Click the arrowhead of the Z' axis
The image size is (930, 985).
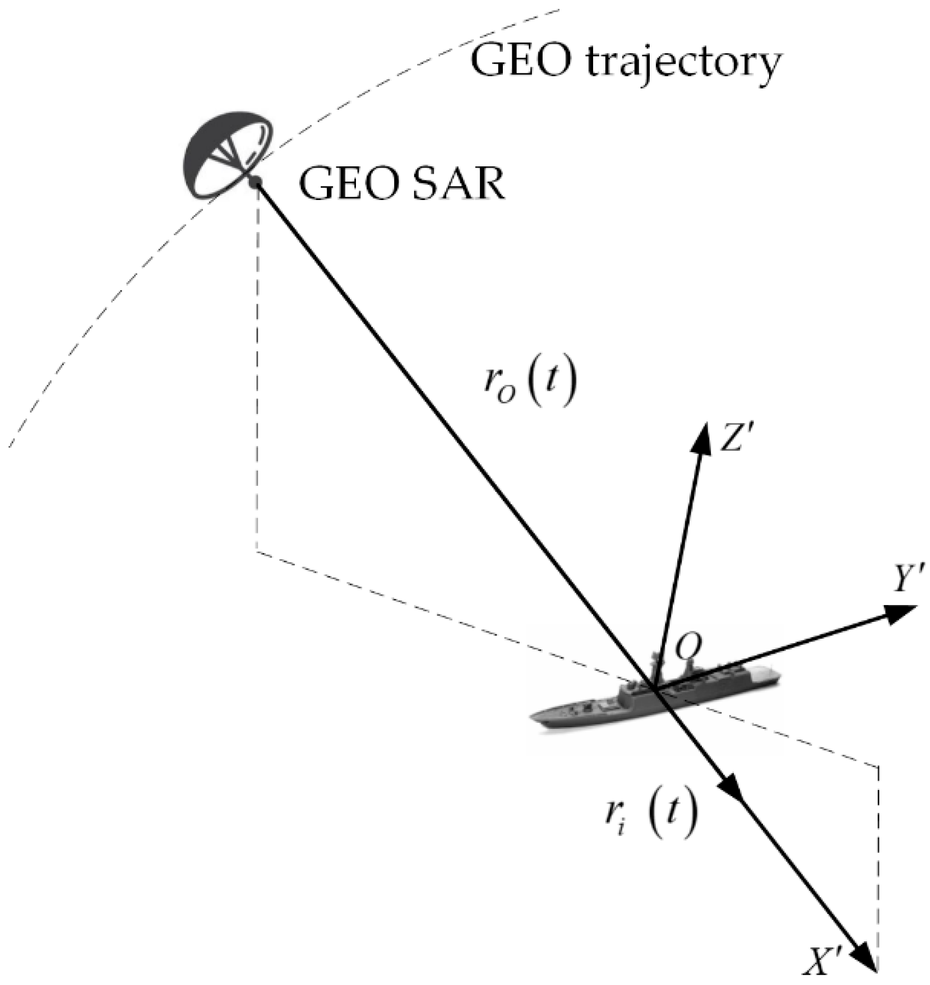(x=701, y=438)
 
